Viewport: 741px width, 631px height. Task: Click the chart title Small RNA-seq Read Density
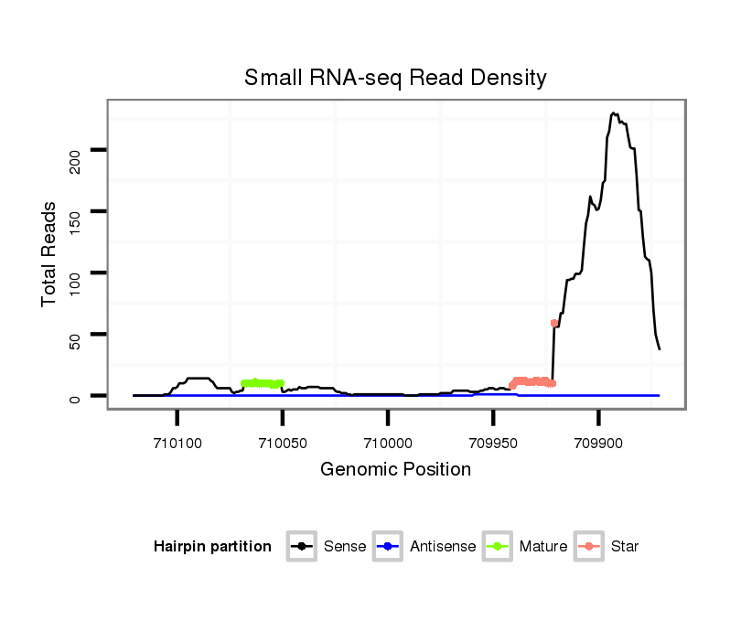[x=395, y=78]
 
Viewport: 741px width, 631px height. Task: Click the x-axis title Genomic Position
[x=395, y=470]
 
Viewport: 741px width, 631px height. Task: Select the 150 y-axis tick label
[x=76, y=222]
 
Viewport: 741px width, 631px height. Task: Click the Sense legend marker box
[x=302, y=547]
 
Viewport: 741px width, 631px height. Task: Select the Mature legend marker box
[x=498, y=547]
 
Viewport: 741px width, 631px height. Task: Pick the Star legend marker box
[x=590, y=547]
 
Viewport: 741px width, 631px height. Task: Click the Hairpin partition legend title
[x=212, y=547]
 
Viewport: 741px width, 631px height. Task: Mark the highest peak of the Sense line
[x=613, y=113]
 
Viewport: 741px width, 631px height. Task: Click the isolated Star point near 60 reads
[x=554, y=323]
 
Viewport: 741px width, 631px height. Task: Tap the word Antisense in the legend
[x=444, y=547]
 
